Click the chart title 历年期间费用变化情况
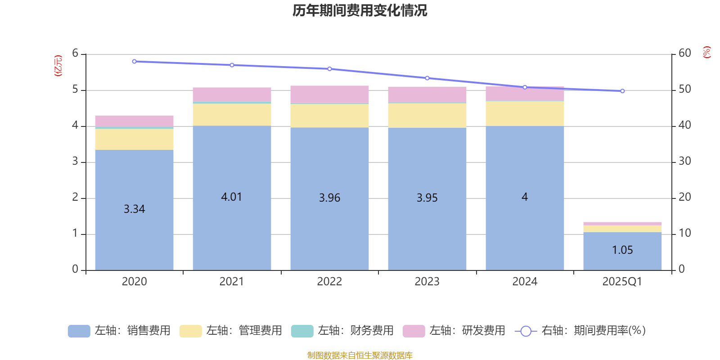[360, 10]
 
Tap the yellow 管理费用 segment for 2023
[427, 116]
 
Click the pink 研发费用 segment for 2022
[329, 94]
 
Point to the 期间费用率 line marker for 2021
[232, 65]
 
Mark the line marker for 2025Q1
[622, 91]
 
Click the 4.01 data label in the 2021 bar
[231, 197]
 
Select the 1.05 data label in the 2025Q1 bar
[622, 250]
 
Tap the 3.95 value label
[427, 198]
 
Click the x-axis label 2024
[525, 282]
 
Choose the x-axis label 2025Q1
[622, 282]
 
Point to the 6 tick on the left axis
[75, 54]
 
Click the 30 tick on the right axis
[684, 161]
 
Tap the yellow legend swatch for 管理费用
[190, 331]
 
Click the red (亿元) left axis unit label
[58, 66]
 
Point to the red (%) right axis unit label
[706, 52]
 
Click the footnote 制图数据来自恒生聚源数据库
[360, 355]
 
